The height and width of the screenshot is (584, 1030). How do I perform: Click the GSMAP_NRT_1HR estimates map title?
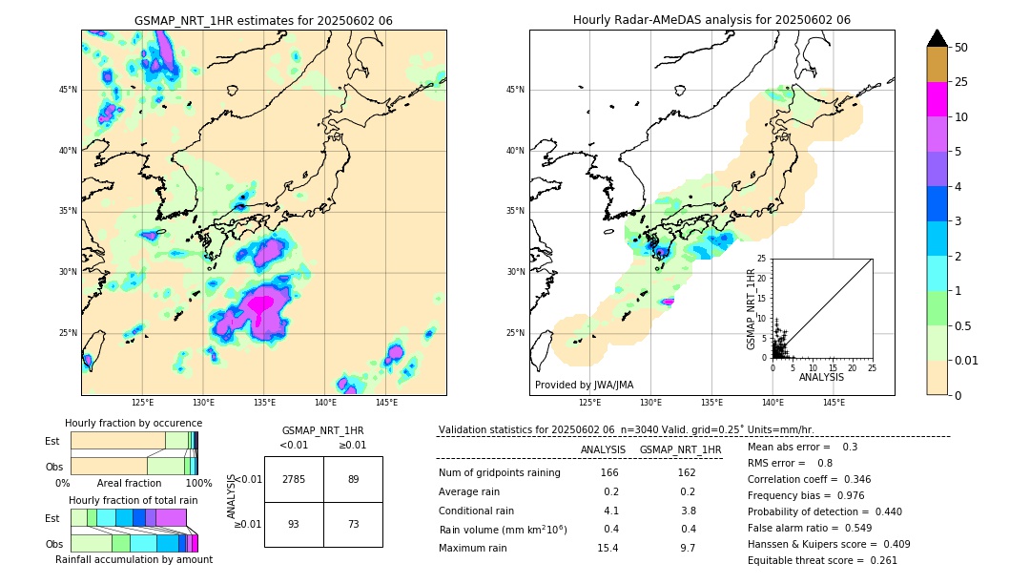[x=263, y=20]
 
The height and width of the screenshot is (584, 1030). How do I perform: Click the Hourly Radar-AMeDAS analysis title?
[x=711, y=20]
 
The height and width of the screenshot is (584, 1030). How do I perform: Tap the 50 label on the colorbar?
[x=961, y=48]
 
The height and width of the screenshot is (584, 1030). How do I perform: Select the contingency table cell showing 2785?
[x=294, y=479]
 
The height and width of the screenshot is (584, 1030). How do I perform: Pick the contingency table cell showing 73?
[x=353, y=525]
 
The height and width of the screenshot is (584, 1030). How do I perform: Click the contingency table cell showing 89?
[x=353, y=479]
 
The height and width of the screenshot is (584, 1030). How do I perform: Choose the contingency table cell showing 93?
[x=294, y=525]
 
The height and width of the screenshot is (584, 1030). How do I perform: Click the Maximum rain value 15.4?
[x=608, y=548]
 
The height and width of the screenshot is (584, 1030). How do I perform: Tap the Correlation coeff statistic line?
[x=809, y=479]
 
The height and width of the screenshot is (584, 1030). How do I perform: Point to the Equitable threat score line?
[x=822, y=560]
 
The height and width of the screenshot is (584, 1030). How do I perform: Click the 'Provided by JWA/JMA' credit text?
[x=584, y=385]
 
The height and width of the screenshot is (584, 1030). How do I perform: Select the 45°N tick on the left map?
[x=68, y=90]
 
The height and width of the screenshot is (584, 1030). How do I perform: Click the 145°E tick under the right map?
[x=834, y=403]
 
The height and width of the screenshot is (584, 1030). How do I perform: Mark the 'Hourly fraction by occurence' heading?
[x=134, y=423]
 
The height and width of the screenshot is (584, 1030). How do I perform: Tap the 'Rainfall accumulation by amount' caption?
[x=134, y=559]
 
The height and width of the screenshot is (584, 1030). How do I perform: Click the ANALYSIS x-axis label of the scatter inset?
[x=822, y=377]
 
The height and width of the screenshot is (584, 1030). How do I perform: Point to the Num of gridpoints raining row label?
[x=499, y=472]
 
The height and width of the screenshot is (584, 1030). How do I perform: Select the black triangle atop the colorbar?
[x=937, y=38]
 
